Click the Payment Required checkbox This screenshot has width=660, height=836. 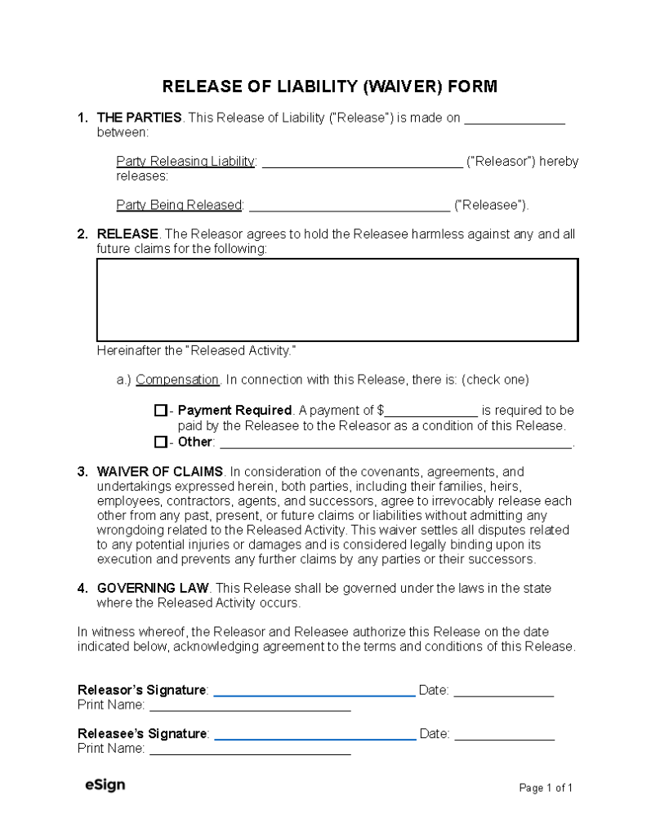pos(160,411)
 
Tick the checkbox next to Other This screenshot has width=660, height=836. pos(160,442)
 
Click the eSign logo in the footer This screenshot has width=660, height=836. pos(105,785)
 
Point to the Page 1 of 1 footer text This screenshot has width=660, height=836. pos(546,788)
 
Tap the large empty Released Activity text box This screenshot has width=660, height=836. pos(337,300)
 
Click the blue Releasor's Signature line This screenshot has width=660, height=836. pos(314,693)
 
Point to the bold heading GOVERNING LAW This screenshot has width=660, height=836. pos(153,588)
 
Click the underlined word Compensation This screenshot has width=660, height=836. pos(177,380)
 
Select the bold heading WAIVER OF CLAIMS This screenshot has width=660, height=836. pos(159,471)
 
